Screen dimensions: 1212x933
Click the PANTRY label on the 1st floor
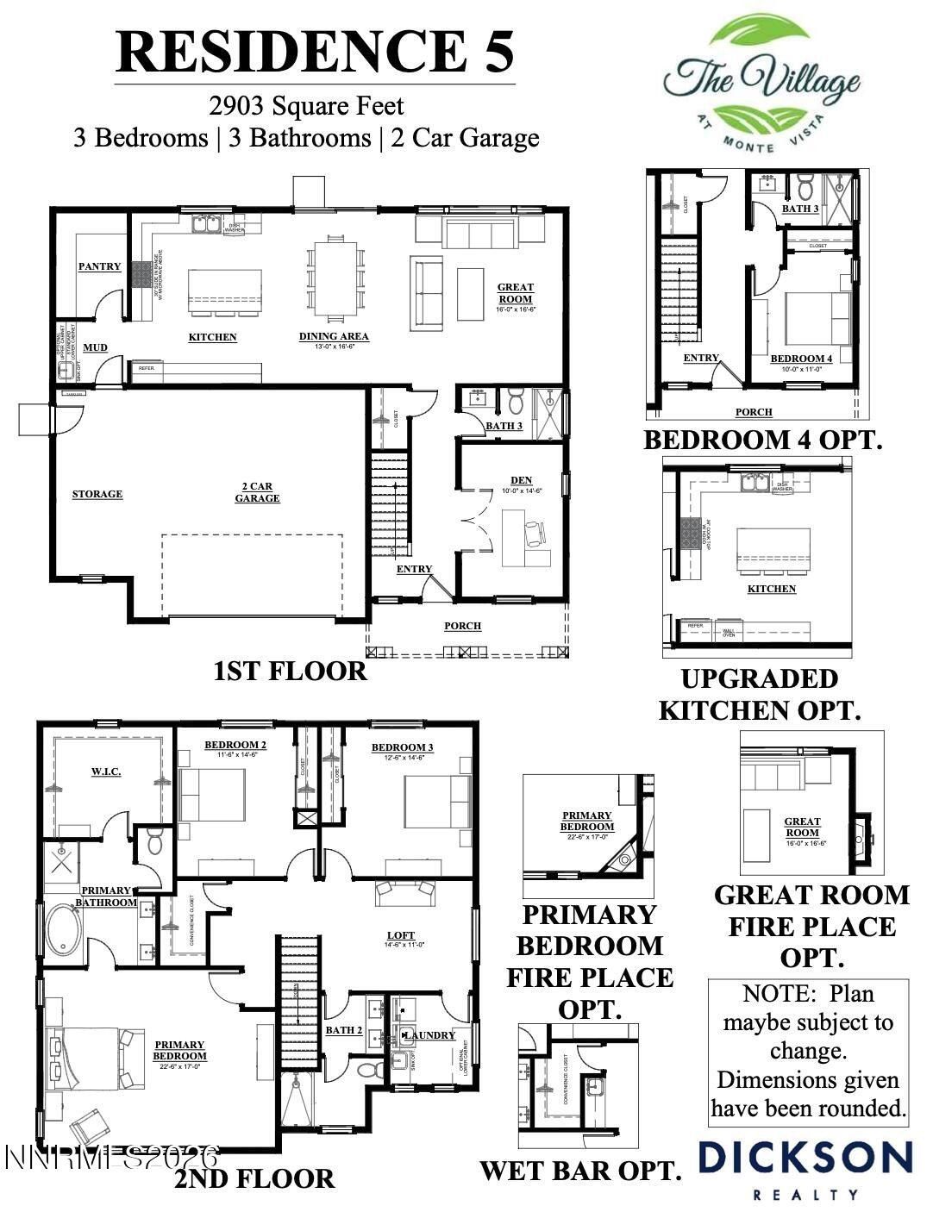point(100,266)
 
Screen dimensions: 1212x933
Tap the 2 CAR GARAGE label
point(257,493)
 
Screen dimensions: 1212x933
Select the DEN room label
point(521,480)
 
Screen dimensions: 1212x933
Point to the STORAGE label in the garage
point(97,494)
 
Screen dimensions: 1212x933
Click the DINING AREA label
point(334,336)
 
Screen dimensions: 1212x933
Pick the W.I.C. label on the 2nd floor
point(106,771)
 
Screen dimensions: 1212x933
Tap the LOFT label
point(401,935)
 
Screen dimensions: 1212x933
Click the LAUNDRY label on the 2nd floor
point(429,1034)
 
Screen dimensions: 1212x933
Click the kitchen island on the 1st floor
point(225,284)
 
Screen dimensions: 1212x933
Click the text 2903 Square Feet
point(306,106)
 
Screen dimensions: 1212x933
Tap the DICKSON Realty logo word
point(805,1158)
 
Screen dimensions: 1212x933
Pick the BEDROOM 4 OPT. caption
point(763,440)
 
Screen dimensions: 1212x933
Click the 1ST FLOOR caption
point(290,671)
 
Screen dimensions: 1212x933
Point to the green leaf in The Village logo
point(759,39)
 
